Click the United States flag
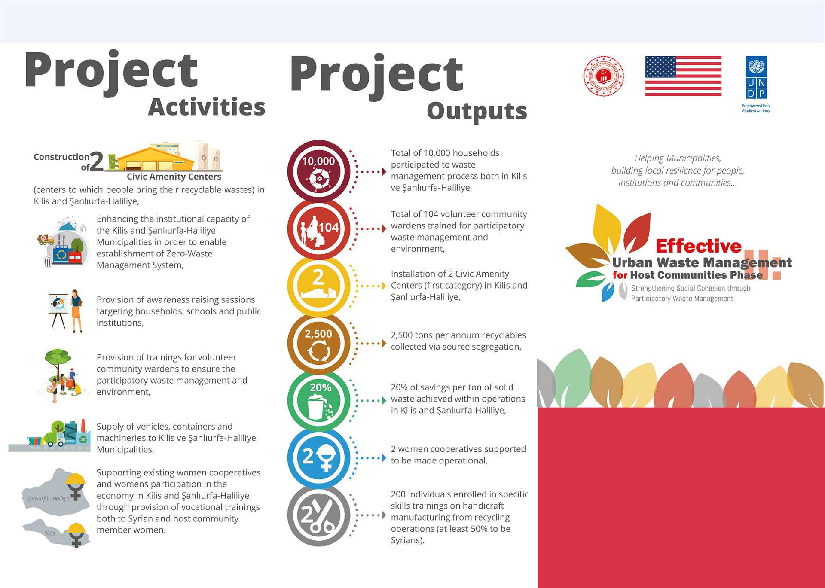click(x=683, y=76)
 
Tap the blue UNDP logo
click(x=756, y=77)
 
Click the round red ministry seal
click(x=604, y=76)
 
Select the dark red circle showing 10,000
click(x=319, y=171)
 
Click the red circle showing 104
click(x=319, y=229)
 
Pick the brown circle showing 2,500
click(x=319, y=343)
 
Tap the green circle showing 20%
click(x=319, y=400)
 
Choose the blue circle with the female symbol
click(x=319, y=458)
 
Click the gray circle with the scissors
click(x=319, y=515)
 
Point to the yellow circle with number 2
click(x=319, y=286)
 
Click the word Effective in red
click(x=699, y=246)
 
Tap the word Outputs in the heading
click(x=477, y=112)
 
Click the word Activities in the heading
click(x=207, y=107)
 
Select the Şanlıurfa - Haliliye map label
click(x=48, y=499)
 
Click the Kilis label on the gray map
click(x=50, y=533)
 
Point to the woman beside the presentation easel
click(x=76, y=311)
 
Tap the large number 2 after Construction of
click(x=97, y=161)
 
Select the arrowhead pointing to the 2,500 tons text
click(x=384, y=343)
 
